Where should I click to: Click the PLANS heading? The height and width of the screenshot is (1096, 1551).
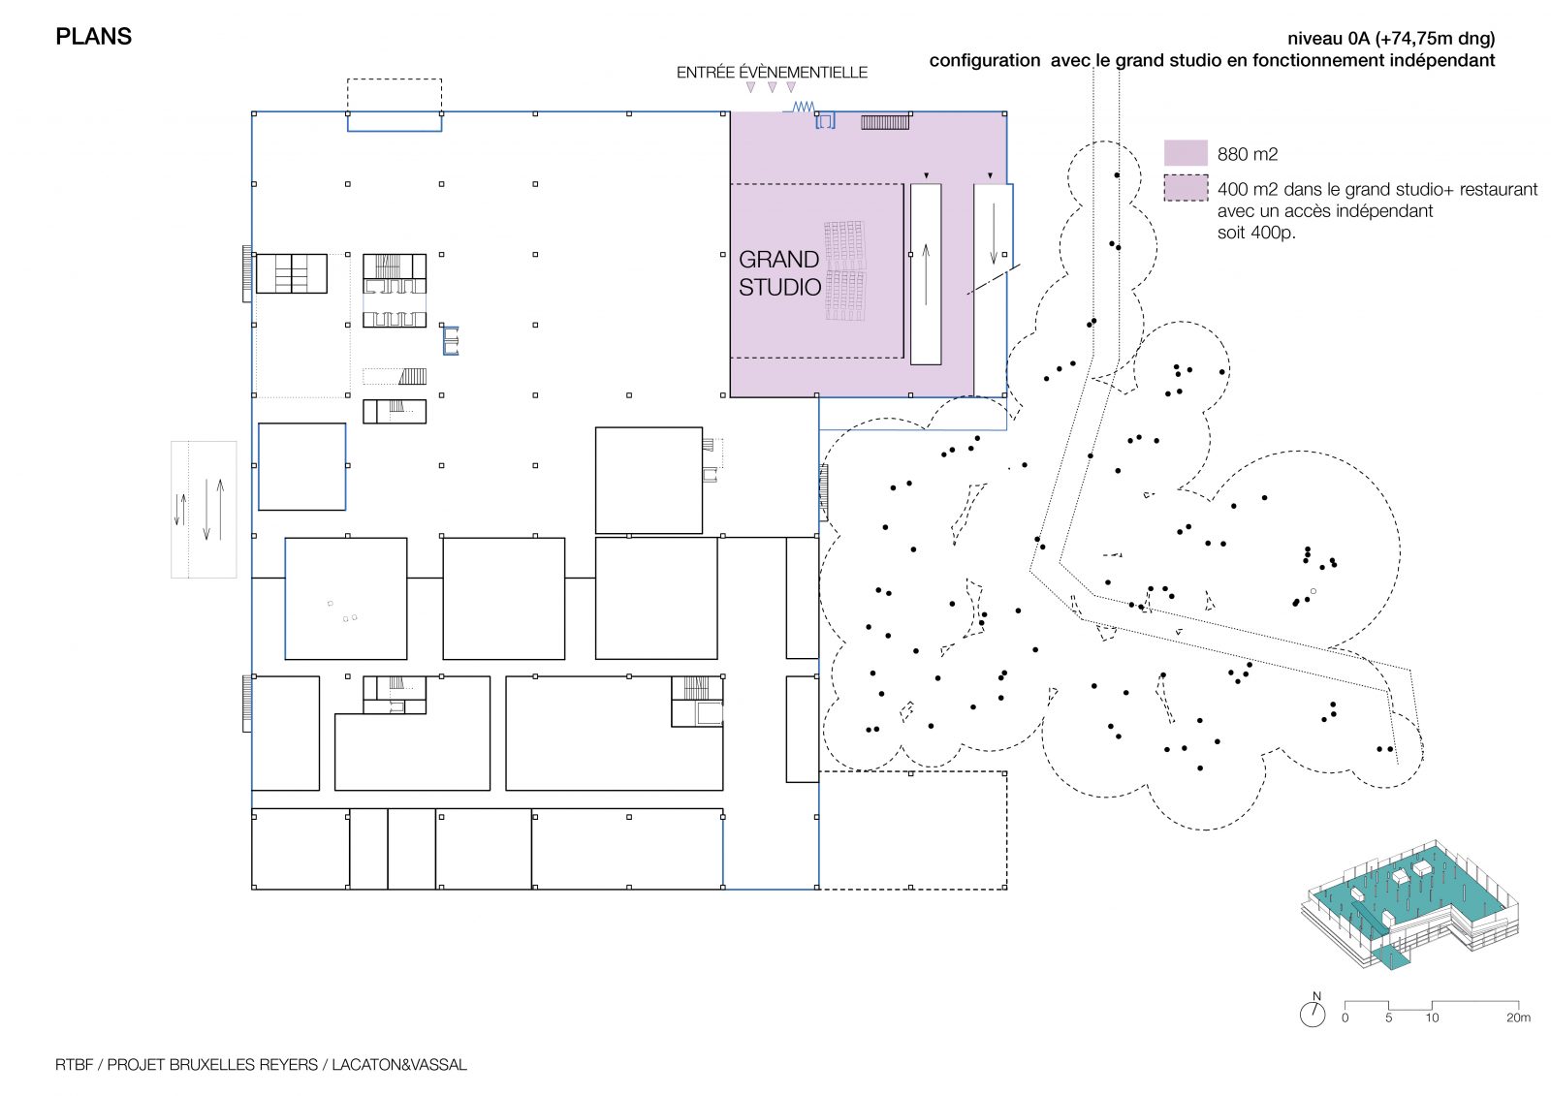click(x=93, y=37)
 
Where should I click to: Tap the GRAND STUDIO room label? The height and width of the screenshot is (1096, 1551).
click(x=779, y=272)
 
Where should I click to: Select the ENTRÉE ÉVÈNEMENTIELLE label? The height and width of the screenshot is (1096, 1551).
click(x=772, y=72)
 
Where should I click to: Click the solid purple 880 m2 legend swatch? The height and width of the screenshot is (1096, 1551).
click(x=1186, y=153)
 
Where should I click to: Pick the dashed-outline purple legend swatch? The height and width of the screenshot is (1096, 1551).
click(x=1186, y=188)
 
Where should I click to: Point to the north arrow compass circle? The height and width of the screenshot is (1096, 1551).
click(x=1313, y=1015)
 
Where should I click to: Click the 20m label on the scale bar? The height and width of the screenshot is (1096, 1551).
click(x=1518, y=1018)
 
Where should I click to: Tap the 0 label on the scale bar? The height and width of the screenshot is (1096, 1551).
click(x=1345, y=1018)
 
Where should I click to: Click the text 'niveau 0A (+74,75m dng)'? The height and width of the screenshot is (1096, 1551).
click(x=1391, y=38)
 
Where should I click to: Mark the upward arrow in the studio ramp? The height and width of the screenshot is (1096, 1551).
click(x=926, y=274)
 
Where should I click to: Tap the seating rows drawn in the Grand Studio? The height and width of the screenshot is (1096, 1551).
click(x=844, y=270)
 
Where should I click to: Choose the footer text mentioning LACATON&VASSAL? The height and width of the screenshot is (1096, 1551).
click(x=261, y=1064)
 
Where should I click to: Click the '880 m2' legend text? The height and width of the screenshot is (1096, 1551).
click(x=1247, y=154)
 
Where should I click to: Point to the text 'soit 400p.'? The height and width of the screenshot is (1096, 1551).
click(x=1256, y=233)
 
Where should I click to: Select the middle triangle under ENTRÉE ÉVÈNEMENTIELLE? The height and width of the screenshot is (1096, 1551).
click(x=772, y=88)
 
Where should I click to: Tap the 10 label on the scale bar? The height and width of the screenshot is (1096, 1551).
click(x=1432, y=1018)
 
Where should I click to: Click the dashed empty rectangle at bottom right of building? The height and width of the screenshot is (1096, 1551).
click(x=912, y=772)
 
